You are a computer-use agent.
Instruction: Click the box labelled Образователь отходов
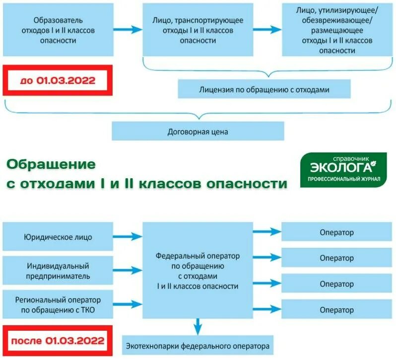coord(58,30)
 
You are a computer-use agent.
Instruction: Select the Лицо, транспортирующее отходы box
coord(198,30)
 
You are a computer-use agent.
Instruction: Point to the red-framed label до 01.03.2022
coord(58,80)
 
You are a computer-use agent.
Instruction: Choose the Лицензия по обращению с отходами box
coord(264,90)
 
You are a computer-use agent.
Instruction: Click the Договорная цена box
coord(198,132)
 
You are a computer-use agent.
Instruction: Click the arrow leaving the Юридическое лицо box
coord(130,237)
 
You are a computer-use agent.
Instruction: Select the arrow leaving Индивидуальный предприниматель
coord(130,271)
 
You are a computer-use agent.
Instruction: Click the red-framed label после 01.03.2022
coord(58,341)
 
